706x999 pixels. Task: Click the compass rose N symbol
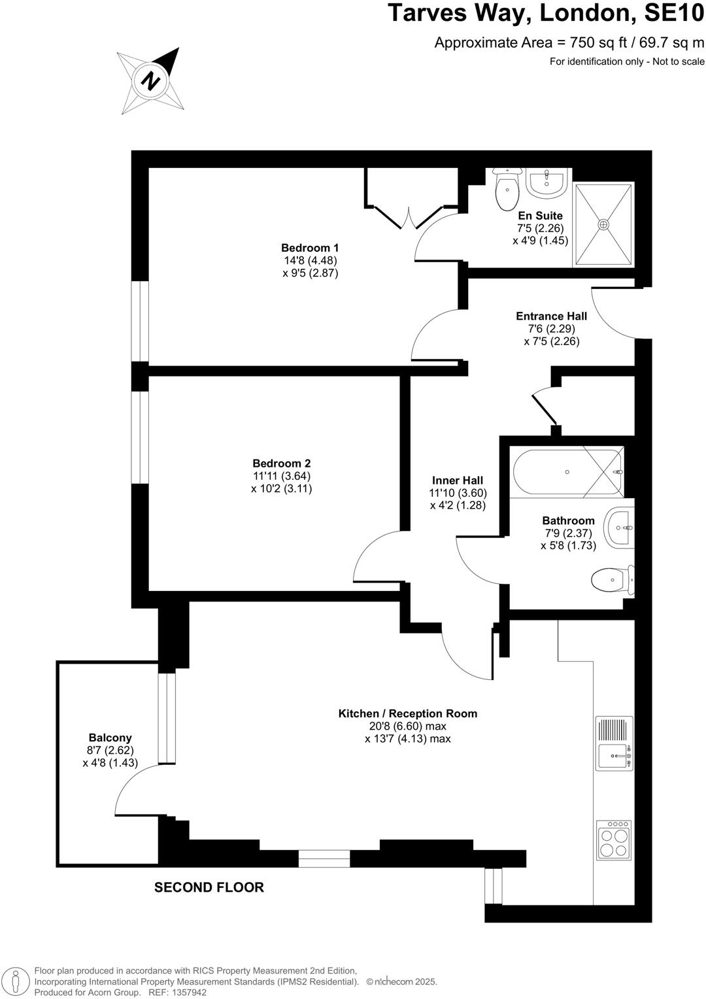pos(151,81)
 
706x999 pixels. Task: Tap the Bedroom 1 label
pos(310,248)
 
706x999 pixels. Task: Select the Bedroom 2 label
pos(282,464)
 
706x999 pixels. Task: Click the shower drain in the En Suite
pos(603,224)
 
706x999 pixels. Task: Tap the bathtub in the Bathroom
pos(567,472)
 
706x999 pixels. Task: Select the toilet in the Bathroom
pos(612,579)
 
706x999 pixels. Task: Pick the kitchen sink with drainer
pos(614,743)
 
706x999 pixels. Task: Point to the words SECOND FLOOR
pos(209,887)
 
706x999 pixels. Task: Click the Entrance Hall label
pos(552,316)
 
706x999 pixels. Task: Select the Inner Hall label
pos(458,481)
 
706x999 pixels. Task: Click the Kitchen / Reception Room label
pos(407,713)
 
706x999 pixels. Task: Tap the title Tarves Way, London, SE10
pos(546,14)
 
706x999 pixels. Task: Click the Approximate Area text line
pos(569,43)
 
